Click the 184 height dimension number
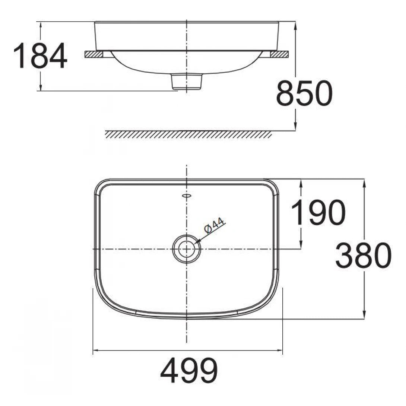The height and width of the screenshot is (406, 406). pyautogui.click(x=40, y=56)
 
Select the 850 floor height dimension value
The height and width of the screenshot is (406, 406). pyautogui.click(x=304, y=93)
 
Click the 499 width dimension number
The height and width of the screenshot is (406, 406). pyautogui.click(x=189, y=370)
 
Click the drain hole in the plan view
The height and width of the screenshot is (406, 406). pyautogui.click(x=186, y=249)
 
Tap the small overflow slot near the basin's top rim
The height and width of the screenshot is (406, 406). pyautogui.click(x=186, y=195)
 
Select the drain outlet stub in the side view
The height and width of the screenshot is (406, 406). pyautogui.click(x=187, y=81)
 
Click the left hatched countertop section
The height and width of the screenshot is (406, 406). pyautogui.click(x=94, y=54)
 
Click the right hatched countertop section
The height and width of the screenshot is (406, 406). pyautogui.click(x=279, y=54)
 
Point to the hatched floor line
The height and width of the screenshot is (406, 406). pyautogui.click(x=188, y=134)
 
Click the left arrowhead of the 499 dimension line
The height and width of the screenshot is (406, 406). pyautogui.click(x=95, y=351)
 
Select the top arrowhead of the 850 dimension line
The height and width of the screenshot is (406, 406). pyautogui.click(x=295, y=25)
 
